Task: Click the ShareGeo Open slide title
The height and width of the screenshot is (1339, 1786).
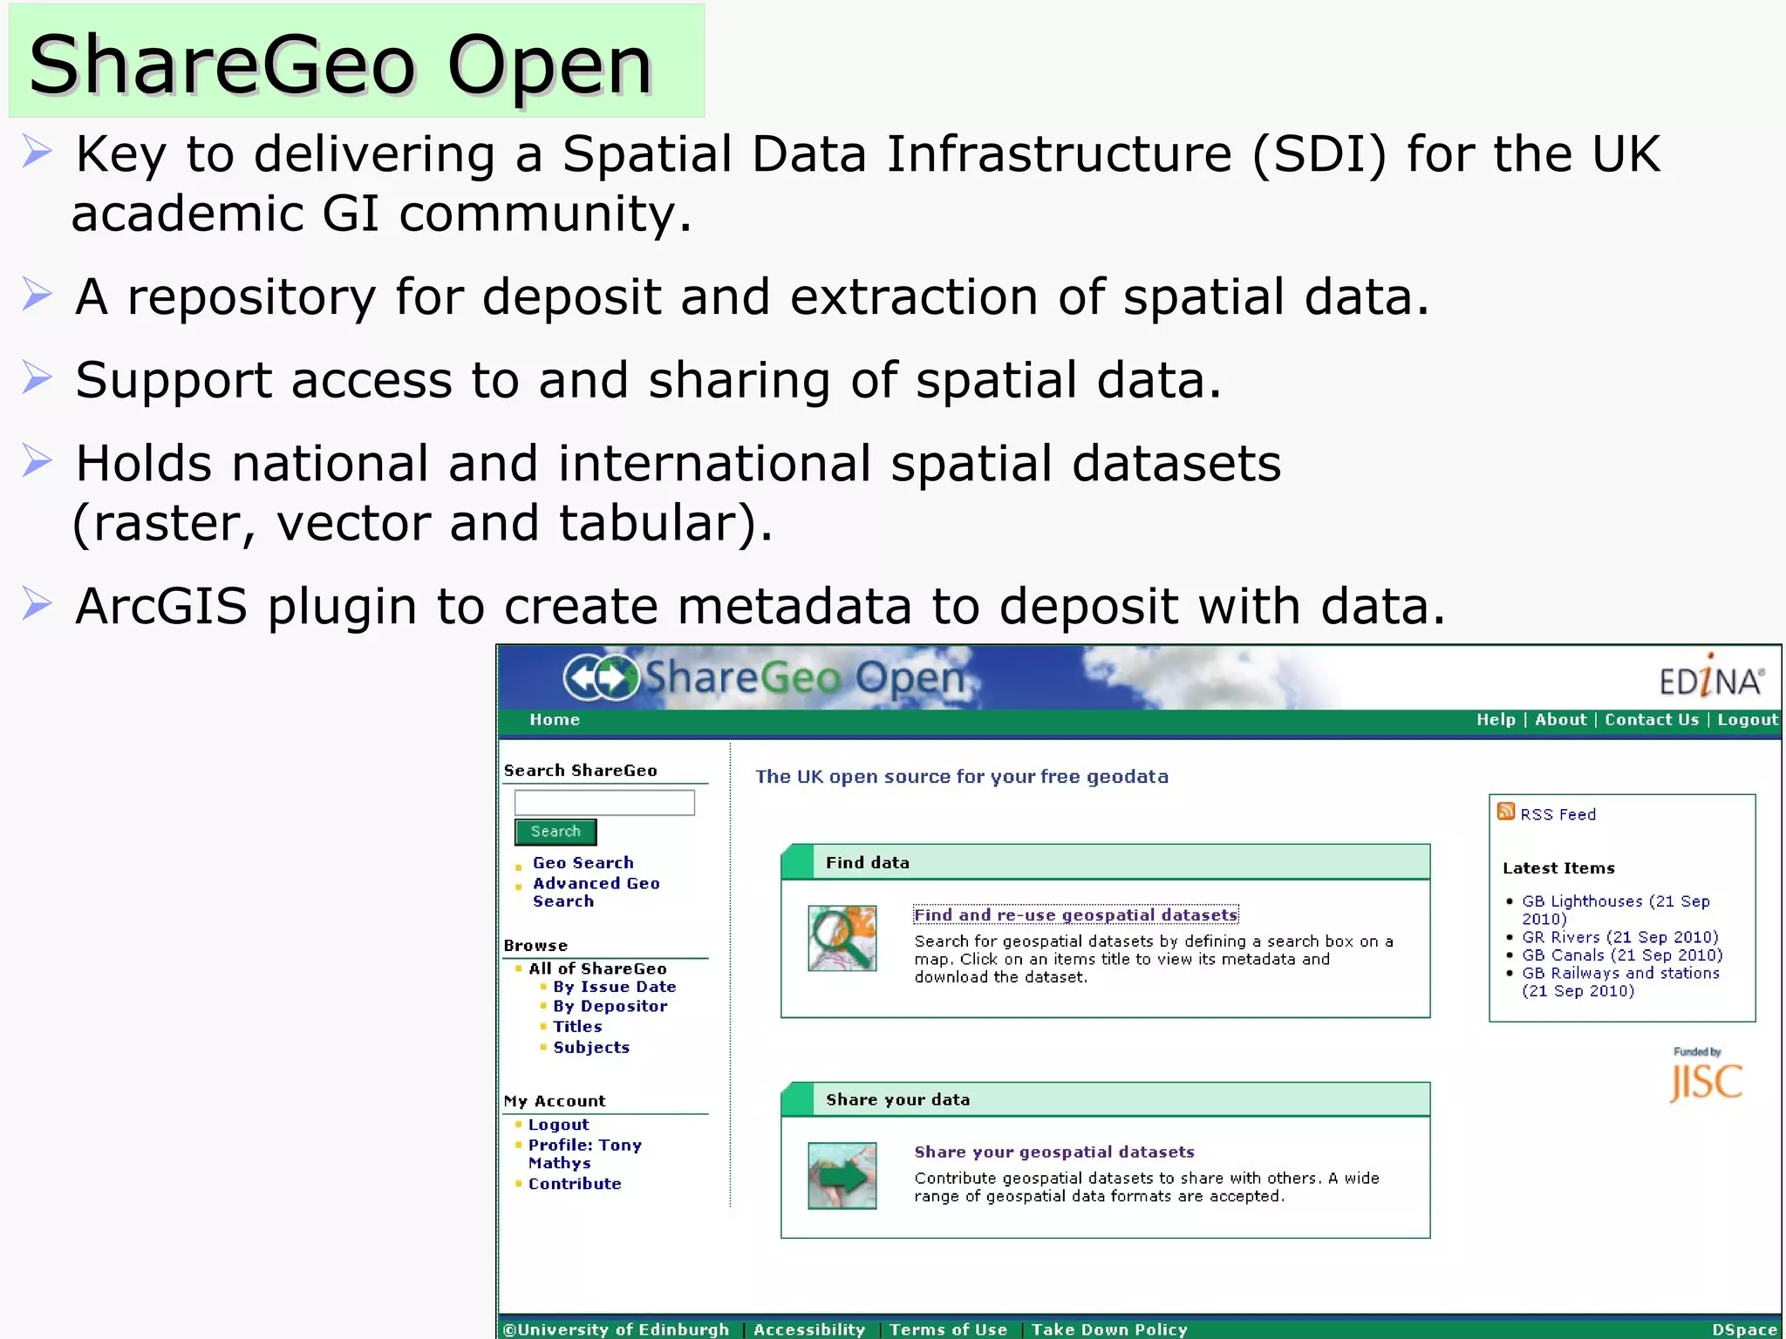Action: click(340, 65)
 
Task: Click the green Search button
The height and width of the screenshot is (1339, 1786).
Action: click(556, 832)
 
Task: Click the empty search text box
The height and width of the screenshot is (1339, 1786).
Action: click(604, 802)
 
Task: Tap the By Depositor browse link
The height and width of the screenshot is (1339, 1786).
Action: click(610, 1006)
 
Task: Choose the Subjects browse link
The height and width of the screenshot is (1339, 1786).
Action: click(590, 1047)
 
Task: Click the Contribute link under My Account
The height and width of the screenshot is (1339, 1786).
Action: click(574, 1184)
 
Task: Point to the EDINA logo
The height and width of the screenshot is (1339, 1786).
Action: click(1711, 678)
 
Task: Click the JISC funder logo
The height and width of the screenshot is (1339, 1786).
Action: click(1705, 1080)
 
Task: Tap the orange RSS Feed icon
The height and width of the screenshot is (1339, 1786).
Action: click(1505, 812)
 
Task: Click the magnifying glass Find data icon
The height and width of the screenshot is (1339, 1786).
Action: click(842, 939)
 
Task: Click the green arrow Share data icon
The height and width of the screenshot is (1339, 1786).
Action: click(842, 1176)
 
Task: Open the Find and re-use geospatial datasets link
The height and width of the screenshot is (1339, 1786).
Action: click(1075, 914)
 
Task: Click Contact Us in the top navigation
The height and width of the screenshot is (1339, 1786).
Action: click(1651, 720)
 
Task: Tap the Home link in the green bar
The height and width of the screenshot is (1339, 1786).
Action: click(555, 720)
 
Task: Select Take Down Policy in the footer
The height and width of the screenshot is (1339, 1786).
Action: click(1109, 1329)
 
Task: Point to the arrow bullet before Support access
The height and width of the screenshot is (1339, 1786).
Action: click(37, 378)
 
